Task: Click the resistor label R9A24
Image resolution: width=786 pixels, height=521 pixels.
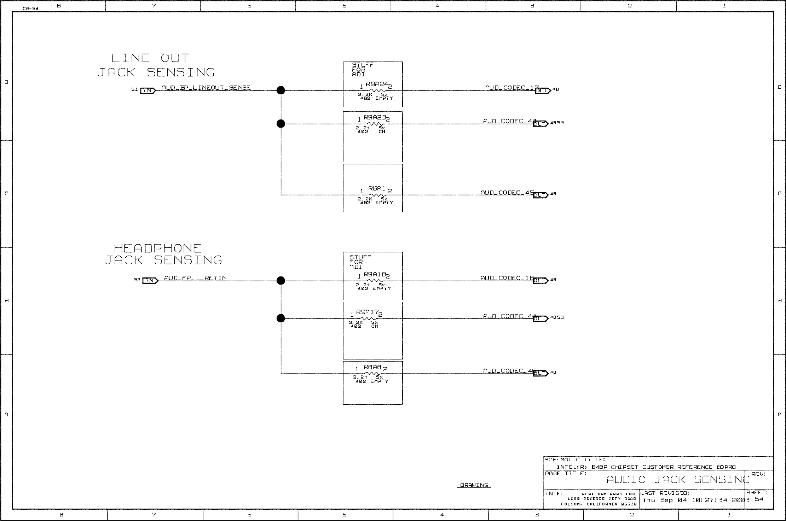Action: (x=377, y=84)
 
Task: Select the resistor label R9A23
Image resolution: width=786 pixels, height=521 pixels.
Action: (x=375, y=117)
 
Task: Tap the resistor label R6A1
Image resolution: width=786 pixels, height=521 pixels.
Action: (x=377, y=189)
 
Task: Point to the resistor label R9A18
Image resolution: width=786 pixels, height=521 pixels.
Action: (x=375, y=274)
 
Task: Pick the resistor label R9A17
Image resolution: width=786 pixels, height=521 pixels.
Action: (x=367, y=312)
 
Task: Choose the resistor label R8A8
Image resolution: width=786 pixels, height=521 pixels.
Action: (x=372, y=367)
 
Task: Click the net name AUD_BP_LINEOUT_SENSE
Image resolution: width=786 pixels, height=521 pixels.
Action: (x=206, y=88)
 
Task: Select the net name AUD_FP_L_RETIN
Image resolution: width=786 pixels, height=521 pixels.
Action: (x=195, y=278)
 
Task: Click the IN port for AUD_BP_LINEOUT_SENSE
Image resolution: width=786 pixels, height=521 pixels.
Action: (x=148, y=91)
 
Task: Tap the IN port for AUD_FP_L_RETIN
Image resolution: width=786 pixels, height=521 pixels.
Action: (x=150, y=281)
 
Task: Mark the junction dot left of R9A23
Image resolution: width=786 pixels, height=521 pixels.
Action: (x=281, y=124)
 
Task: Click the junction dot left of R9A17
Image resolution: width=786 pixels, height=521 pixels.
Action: (x=281, y=318)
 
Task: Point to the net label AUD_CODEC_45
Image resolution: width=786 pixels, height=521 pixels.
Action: (x=507, y=193)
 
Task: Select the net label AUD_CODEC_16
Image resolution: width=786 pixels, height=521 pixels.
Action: (x=507, y=278)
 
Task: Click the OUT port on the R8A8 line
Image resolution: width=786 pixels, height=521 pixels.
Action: (x=540, y=373)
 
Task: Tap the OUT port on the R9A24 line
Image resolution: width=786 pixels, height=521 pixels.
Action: (x=542, y=91)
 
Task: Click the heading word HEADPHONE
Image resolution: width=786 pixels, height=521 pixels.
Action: (x=158, y=248)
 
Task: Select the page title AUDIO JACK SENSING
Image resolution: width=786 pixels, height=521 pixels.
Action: (x=678, y=480)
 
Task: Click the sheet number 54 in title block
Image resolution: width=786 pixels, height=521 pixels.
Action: (x=759, y=499)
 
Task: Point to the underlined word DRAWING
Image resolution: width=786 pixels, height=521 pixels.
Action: (x=474, y=485)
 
